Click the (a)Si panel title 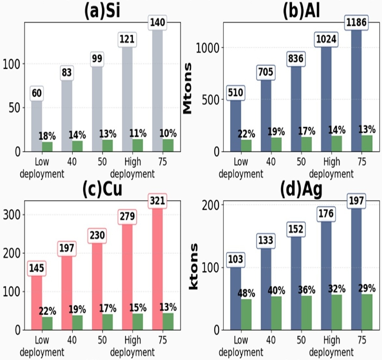[x=102, y=11]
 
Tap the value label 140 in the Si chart [x=157, y=23]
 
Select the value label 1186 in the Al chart [x=356, y=23]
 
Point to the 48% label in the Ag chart [x=246, y=293]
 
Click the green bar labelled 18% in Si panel [x=47, y=147]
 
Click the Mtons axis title [x=188, y=88]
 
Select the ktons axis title [x=194, y=267]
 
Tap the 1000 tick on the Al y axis [x=207, y=48]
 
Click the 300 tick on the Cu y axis [x=11, y=215]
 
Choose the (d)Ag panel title [x=301, y=190]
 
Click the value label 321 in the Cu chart [x=157, y=201]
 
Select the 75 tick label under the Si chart [x=163, y=162]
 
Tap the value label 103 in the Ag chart [x=235, y=259]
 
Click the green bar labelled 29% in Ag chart [x=367, y=312]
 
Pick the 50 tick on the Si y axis [x=14, y=108]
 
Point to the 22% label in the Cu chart [x=47, y=311]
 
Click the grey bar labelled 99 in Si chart [x=97, y=109]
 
